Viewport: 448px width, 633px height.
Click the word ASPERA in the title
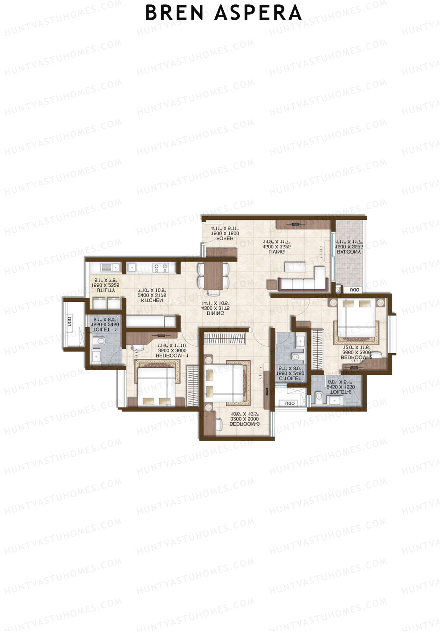258,13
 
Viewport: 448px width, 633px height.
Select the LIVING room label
276,252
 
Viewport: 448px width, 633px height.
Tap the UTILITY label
106,290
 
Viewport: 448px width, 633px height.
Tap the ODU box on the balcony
354,290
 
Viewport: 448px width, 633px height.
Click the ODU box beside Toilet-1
69,322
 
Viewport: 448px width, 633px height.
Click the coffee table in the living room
295,267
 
